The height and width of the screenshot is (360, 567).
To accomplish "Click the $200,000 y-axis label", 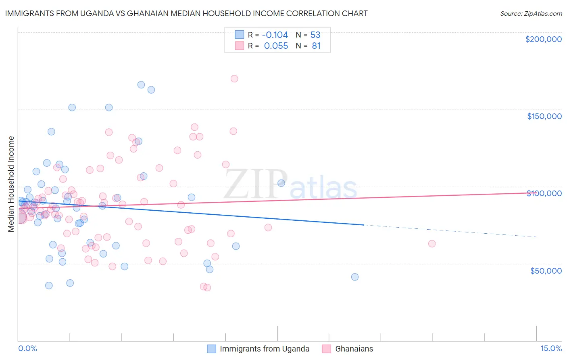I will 543,39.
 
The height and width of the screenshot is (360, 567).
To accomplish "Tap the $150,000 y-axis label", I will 544,116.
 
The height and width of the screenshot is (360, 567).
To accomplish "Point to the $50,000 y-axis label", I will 546,270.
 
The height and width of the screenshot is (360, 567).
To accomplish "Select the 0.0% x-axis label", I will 27,348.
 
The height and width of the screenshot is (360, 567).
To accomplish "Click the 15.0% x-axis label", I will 550,348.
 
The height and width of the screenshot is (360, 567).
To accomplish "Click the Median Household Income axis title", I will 11,184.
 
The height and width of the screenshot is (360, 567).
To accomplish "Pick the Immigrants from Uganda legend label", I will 264,349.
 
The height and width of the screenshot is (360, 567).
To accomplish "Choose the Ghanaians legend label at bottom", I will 354,349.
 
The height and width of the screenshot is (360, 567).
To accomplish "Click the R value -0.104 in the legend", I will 276,35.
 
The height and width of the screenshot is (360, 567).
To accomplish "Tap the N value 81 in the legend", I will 316,46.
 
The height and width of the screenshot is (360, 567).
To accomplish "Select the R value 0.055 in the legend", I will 276,46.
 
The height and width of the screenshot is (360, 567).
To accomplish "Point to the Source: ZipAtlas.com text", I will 531,13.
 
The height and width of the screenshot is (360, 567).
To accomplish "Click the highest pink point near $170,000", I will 234,79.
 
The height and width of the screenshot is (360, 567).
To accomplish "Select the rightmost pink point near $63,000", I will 432,243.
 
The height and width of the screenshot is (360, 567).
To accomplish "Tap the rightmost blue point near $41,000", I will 355,277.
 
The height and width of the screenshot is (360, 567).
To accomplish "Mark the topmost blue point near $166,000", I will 141,85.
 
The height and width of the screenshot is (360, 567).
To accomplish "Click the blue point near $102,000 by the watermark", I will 281,183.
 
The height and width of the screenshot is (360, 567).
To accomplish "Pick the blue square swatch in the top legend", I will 240,35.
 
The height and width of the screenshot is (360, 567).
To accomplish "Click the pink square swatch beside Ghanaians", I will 327,349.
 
